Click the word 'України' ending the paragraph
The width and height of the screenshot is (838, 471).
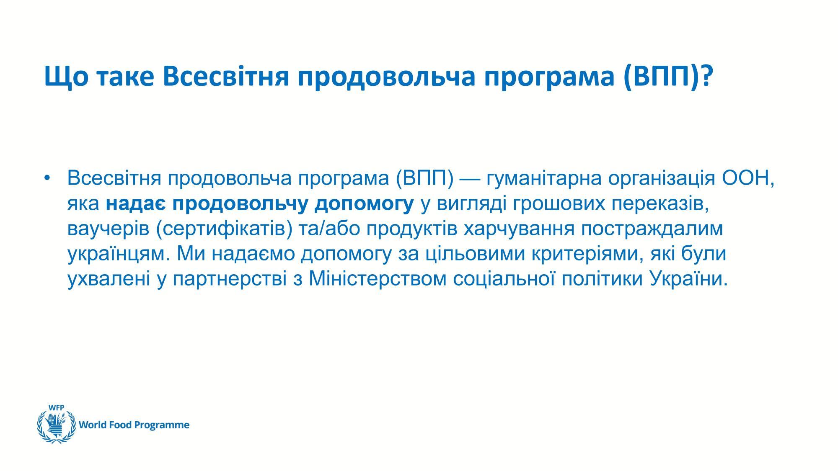point(688,280)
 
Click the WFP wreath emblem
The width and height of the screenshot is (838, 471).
point(56,426)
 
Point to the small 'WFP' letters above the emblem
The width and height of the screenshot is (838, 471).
point(56,407)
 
